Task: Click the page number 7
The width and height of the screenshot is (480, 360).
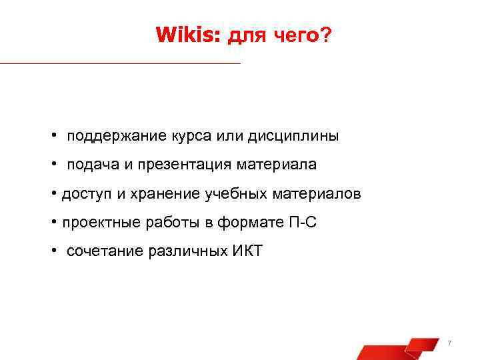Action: tap(449, 343)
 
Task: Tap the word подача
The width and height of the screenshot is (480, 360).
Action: tap(90, 165)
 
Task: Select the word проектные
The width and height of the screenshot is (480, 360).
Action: tap(93, 223)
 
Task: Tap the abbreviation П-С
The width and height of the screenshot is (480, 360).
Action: tap(303, 223)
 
